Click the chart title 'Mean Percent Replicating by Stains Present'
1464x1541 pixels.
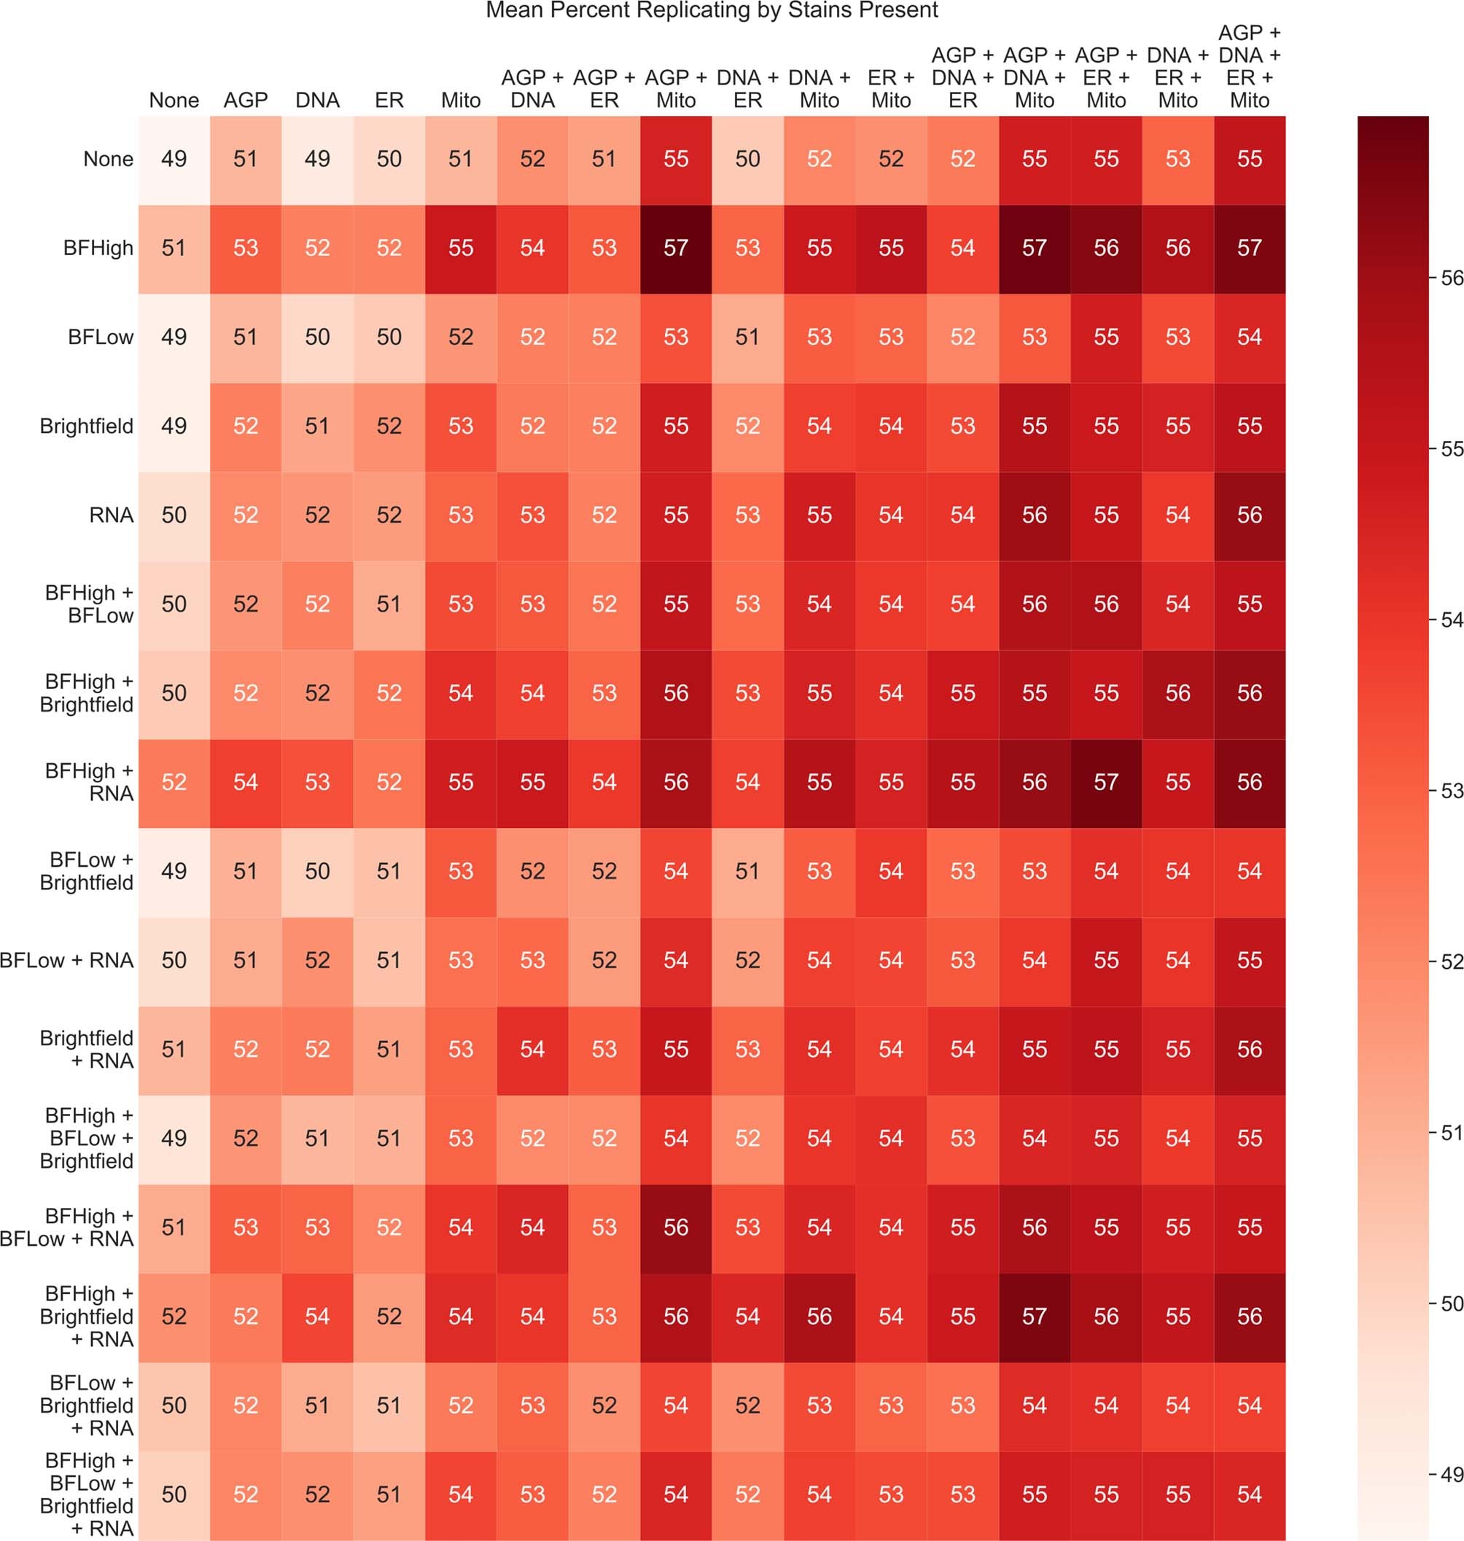(712, 11)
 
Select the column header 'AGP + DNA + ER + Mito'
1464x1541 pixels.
(1250, 66)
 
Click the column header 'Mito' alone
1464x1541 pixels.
(461, 100)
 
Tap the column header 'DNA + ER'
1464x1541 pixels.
(747, 89)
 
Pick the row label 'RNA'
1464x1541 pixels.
(111, 515)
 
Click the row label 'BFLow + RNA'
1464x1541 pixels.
(67, 960)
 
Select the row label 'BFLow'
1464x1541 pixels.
(100, 337)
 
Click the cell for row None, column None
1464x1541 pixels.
(174, 159)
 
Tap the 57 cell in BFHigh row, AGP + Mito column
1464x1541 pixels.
(676, 248)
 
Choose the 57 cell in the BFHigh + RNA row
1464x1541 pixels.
(1106, 782)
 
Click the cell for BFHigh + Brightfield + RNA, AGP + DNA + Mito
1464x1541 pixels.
(1034, 1316)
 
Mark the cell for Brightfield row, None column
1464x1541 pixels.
(174, 426)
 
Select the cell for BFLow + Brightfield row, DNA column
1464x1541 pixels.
(318, 871)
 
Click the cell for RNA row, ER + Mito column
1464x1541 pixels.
(890, 515)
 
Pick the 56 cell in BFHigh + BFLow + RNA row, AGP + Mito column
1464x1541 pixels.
(676, 1228)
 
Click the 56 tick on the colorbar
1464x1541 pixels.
(1451, 278)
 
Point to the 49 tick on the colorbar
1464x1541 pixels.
(1451, 1475)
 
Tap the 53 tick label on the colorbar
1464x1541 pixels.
(1451, 790)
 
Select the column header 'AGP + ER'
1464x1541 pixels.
(604, 89)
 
